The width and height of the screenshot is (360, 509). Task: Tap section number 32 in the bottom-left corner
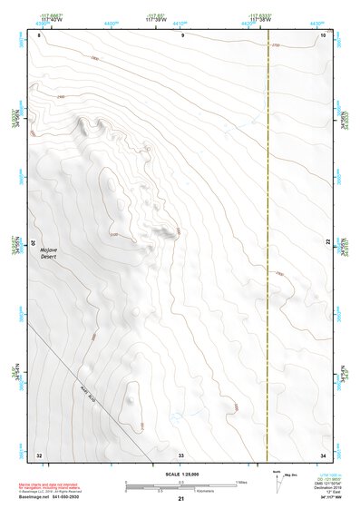click(39, 454)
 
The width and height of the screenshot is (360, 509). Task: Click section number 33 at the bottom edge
click(181, 454)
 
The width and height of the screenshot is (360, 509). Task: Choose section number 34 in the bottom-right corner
click(323, 454)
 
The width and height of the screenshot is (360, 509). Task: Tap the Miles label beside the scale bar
click(241, 481)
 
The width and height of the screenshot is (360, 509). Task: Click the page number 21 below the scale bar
click(181, 500)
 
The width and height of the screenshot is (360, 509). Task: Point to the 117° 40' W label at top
click(52, 19)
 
